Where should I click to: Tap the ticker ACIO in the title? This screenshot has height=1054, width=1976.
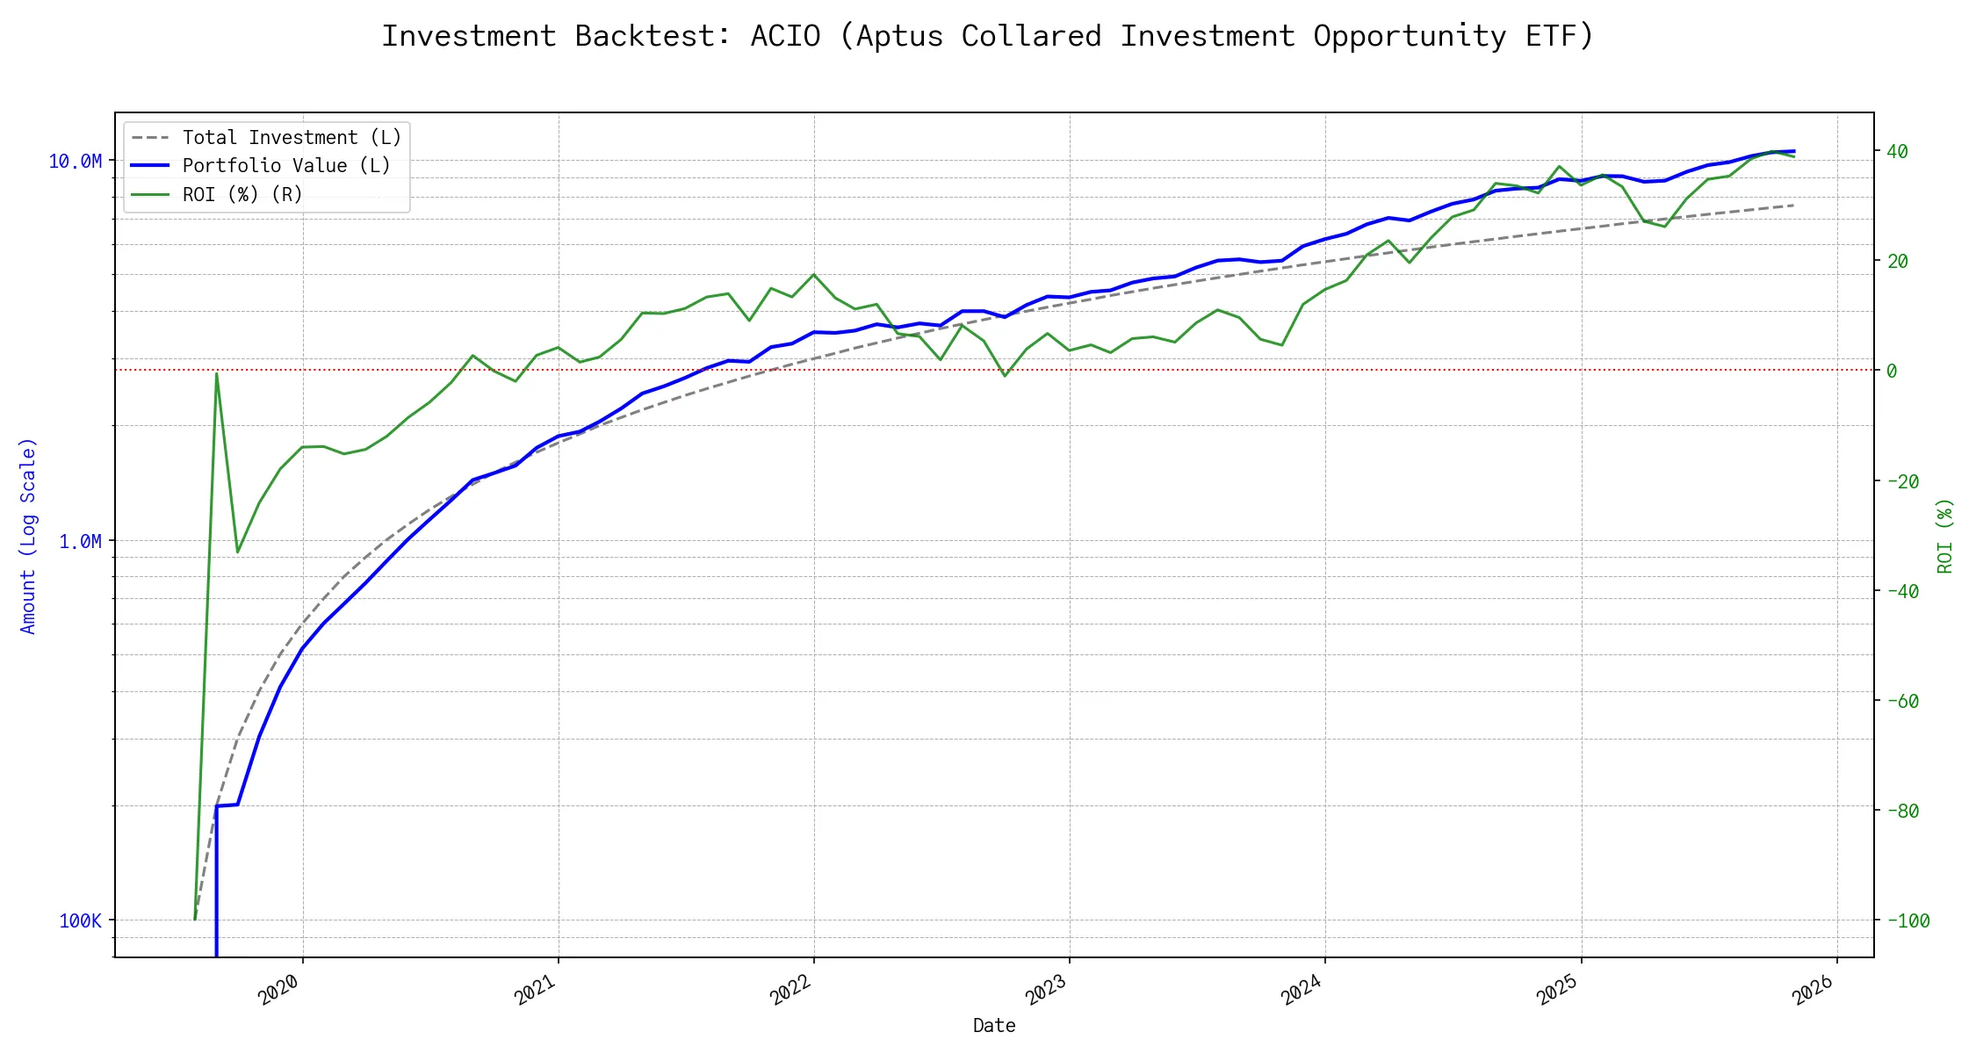[785, 36]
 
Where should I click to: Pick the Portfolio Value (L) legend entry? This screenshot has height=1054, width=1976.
[286, 166]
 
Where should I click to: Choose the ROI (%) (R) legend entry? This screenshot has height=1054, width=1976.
[242, 194]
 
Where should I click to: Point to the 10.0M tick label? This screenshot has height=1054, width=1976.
[76, 161]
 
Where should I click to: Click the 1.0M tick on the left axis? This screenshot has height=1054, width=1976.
[81, 541]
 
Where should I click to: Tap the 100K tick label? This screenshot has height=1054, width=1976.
[81, 920]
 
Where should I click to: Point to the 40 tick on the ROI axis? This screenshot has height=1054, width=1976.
[1897, 151]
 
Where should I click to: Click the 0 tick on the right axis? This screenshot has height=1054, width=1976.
[1892, 371]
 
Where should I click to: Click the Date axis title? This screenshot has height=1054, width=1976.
[994, 1025]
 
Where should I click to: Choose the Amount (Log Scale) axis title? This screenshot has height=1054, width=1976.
[28, 536]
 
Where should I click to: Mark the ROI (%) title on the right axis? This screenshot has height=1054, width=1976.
[1945, 536]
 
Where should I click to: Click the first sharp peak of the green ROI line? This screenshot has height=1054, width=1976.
[216, 373]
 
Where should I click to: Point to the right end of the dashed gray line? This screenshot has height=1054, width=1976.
[1793, 206]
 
